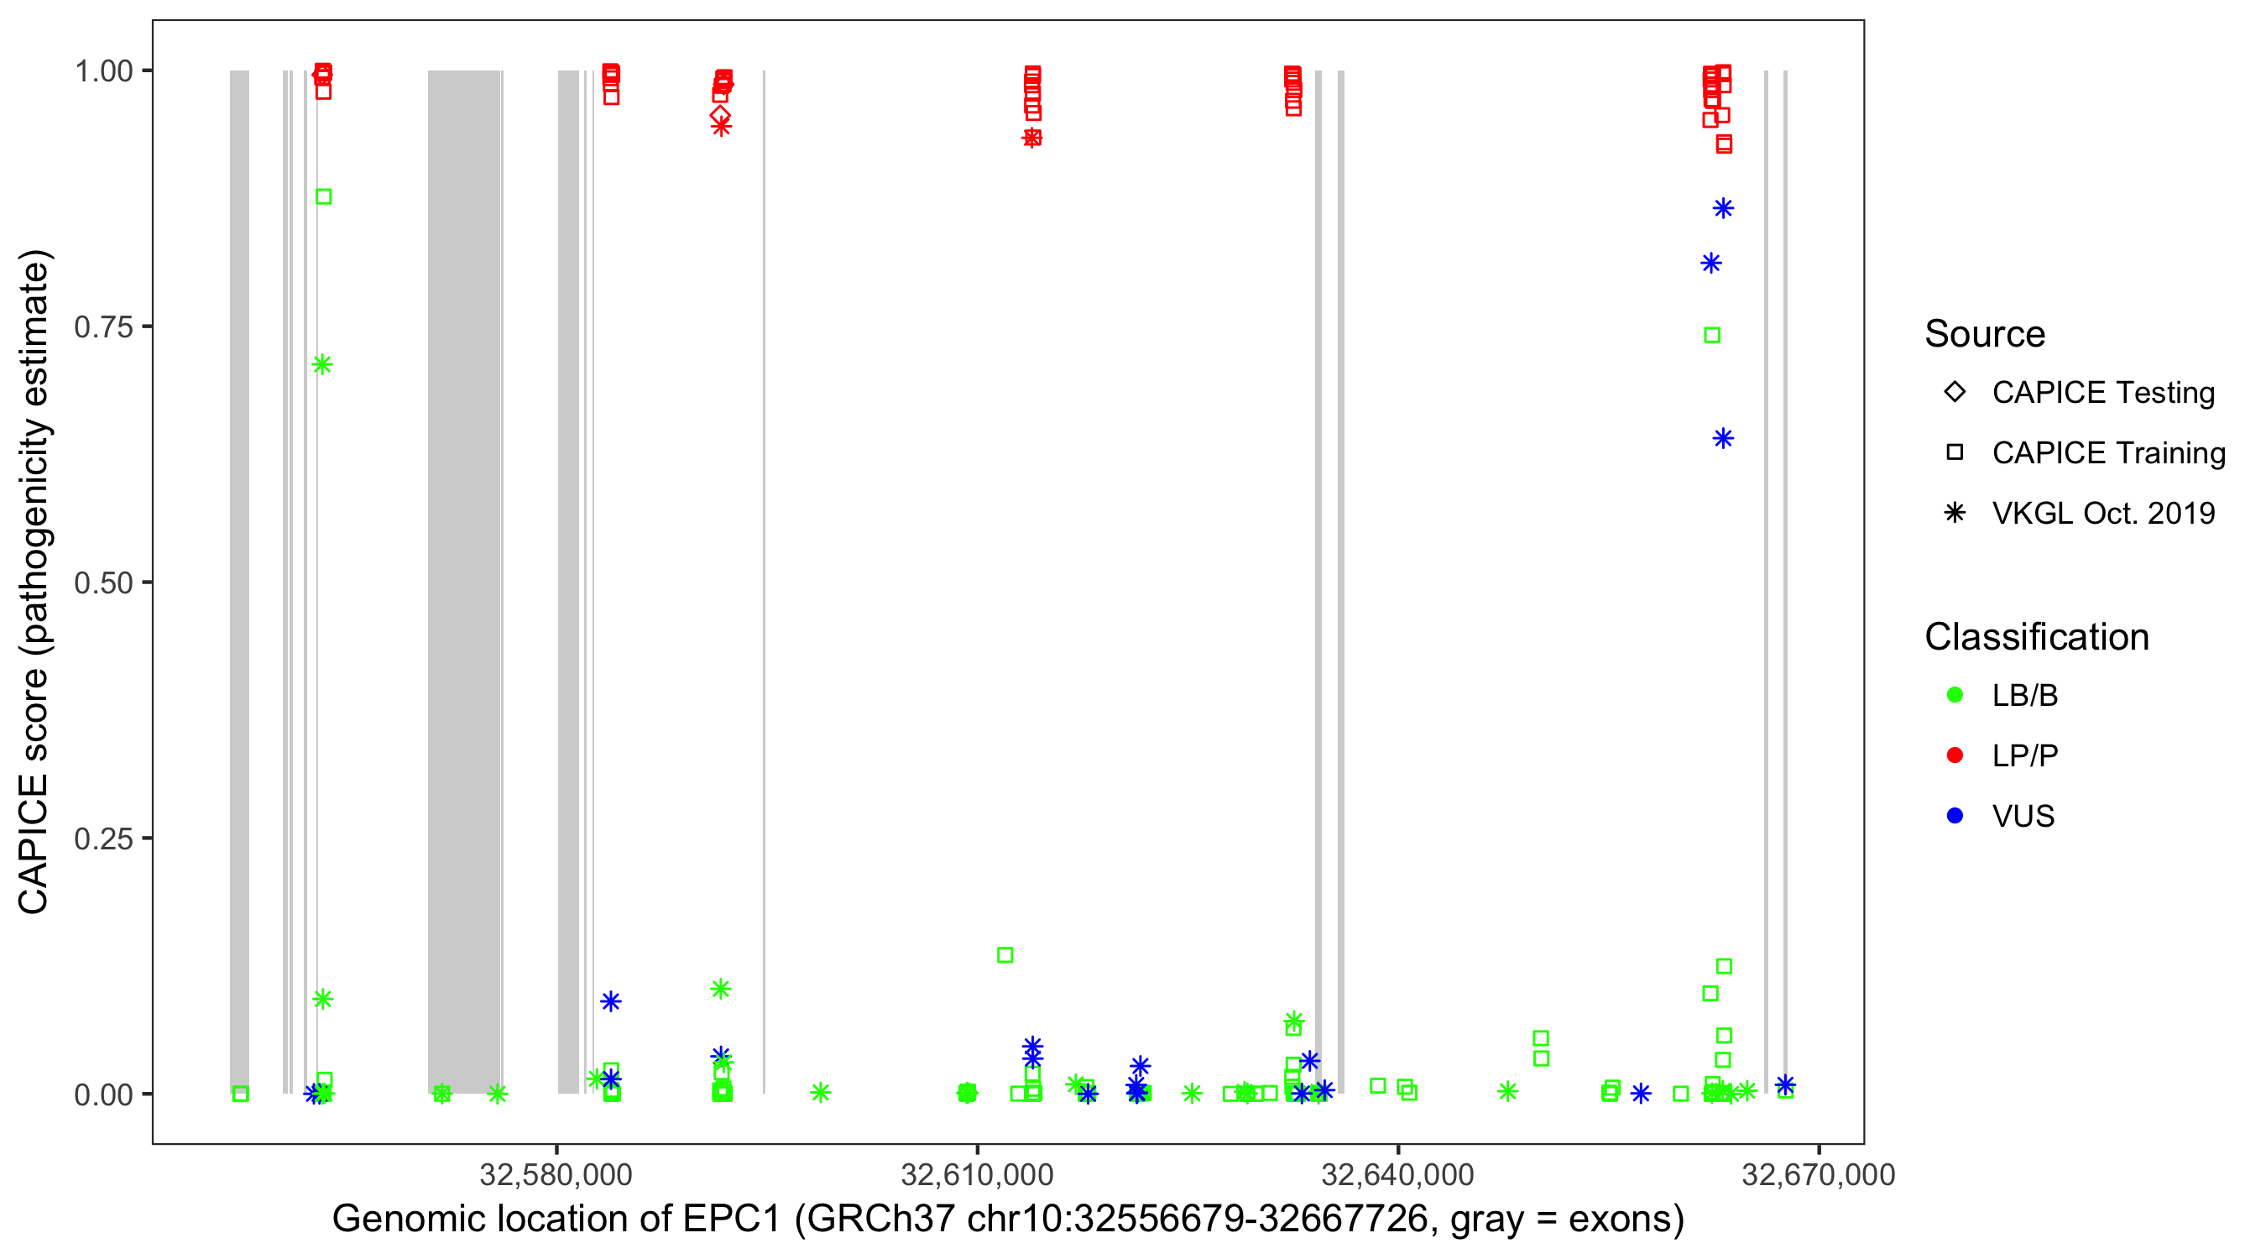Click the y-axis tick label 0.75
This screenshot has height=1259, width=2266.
point(103,327)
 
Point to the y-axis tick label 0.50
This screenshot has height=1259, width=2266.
point(103,583)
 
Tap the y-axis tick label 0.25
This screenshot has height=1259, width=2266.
point(103,838)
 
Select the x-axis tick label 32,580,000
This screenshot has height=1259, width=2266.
point(556,1174)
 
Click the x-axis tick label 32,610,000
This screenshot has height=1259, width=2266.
point(976,1174)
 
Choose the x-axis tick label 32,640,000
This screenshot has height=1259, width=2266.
point(1397,1174)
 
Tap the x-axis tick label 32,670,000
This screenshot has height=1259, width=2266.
point(1818,1174)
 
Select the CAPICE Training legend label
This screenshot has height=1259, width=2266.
point(2108,453)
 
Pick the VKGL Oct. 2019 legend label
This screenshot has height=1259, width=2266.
point(2103,514)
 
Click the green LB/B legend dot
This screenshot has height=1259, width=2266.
point(1955,695)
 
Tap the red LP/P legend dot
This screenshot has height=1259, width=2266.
point(1955,755)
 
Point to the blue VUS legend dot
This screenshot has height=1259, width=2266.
point(1955,817)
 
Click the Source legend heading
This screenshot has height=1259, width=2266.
point(1985,334)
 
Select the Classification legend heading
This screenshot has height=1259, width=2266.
point(2036,637)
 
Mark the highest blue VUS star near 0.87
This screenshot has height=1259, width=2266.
point(1722,208)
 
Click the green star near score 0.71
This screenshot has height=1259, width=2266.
point(322,364)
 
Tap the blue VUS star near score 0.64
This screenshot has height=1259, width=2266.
point(1722,438)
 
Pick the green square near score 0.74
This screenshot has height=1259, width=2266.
point(1712,335)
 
